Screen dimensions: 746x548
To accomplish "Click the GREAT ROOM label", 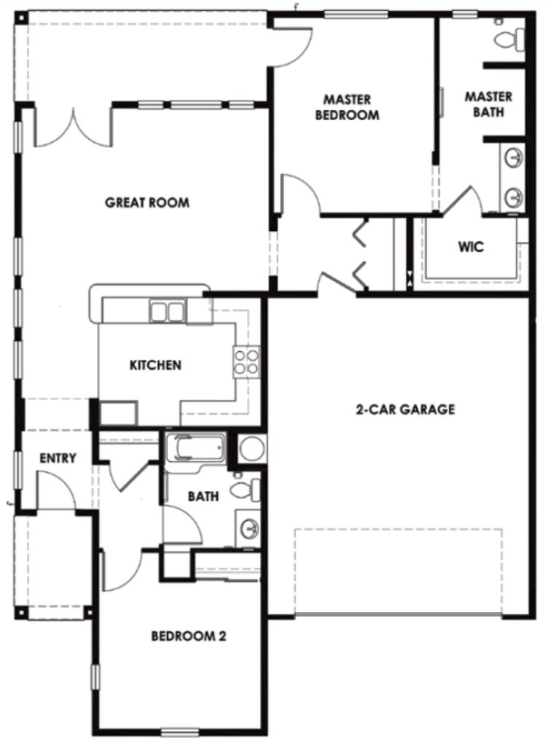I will (x=147, y=203).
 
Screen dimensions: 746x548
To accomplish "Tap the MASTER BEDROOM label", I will (x=348, y=106).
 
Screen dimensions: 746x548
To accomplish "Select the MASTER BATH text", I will (x=488, y=104).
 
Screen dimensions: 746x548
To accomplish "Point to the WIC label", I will (x=471, y=247).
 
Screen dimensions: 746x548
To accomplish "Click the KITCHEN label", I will (x=155, y=364).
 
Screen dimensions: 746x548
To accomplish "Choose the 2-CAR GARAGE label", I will (x=405, y=409).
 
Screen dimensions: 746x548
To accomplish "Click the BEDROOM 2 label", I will (x=188, y=636).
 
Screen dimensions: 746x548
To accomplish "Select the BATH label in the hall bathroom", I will (x=203, y=497).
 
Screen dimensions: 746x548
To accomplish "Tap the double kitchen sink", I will (x=167, y=312).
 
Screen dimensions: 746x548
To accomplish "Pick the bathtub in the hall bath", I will (x=196, y=447).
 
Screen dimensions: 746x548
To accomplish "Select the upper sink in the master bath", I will (x=514, y=157).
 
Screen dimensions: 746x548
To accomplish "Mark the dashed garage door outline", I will (x=398, y=572).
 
